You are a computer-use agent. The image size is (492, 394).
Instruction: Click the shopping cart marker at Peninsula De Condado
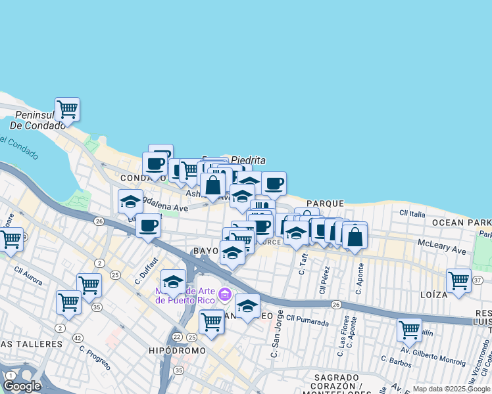coord(67,109)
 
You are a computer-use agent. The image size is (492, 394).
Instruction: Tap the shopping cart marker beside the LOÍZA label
coord(458,280)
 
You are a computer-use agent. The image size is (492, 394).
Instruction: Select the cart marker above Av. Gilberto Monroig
coord(409,330)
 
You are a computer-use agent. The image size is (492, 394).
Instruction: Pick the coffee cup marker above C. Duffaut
coord(148,226)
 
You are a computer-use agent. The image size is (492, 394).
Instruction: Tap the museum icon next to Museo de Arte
coord(226,294)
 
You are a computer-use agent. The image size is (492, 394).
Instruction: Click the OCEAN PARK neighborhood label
coord(462,223)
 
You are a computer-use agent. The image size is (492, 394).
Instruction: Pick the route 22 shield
coord(177,337)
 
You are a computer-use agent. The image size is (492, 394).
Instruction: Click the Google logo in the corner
coord(22,386)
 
